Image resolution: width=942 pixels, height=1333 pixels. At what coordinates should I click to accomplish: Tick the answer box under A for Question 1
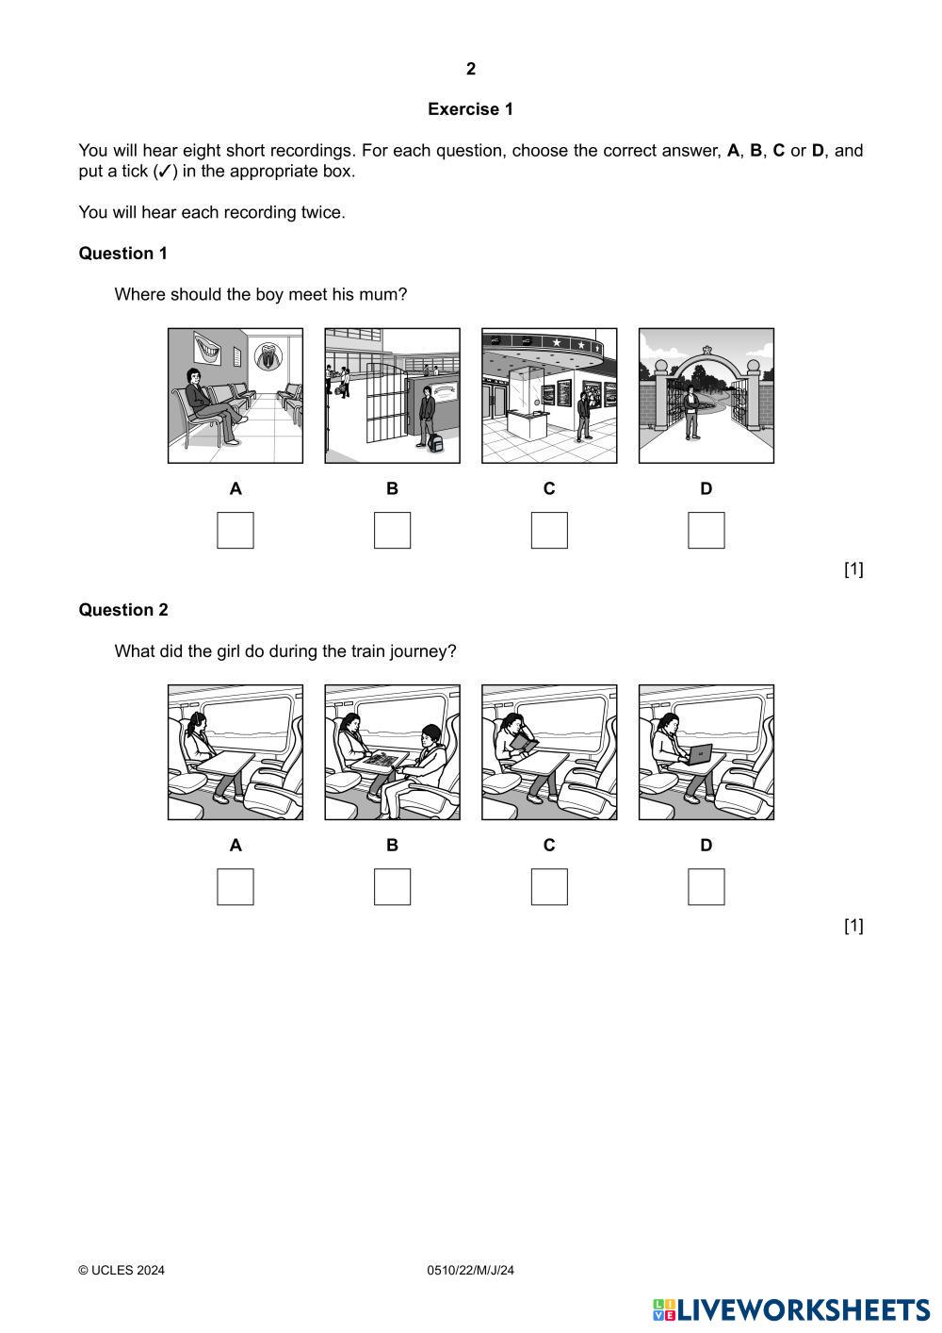click(x=235, y=530)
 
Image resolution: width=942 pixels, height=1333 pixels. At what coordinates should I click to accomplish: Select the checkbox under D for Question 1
click(x=706, y=530)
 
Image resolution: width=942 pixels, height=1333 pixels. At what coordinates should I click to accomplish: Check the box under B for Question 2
click(x=392, y=886)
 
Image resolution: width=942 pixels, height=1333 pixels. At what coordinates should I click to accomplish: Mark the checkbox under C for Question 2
click(x=549, y=886)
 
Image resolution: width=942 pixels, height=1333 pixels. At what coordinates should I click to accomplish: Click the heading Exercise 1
click(x=470, y=109)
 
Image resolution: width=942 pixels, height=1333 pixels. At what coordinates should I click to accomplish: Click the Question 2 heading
click(x=123, y=609)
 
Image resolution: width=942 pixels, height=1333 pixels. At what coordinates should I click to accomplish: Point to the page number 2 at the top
click(x=471, y=69)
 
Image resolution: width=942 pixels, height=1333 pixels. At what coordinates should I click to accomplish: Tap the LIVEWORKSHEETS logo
click(x=791, y=1310)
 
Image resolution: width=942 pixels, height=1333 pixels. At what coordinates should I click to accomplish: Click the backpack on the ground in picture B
click(x=436, y=443)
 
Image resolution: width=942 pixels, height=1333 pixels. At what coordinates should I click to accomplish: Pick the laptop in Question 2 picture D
click(x=699, y=754)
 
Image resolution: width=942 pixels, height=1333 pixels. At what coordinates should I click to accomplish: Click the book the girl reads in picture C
click(x=524, y=743)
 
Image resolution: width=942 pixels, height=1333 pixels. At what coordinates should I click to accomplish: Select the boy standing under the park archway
click(x=691, y=412)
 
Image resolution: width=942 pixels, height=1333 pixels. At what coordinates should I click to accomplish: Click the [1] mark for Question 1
click(x=853, y=568)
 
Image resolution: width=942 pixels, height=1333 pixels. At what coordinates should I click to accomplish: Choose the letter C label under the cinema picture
click(x=549, y=488)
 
